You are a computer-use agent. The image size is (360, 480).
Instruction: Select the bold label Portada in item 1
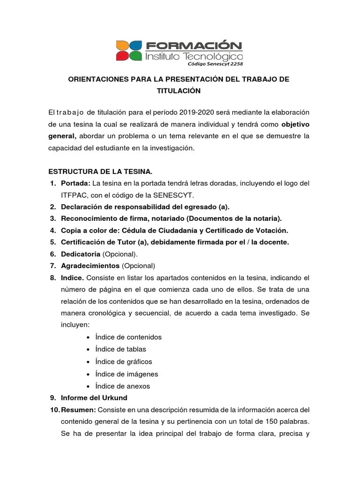pos(75,183)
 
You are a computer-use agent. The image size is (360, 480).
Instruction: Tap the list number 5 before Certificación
pos(52,242)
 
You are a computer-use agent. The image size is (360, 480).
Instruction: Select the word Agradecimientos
pos(90,266)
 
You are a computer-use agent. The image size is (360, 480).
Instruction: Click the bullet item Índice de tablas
pos(120,349)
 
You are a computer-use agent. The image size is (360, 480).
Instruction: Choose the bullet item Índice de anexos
pos(122,386)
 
